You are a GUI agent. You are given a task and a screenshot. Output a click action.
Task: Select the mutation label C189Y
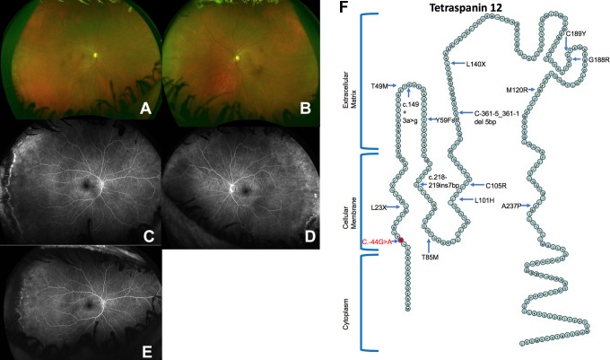pyautogui.click(x=578, y=33)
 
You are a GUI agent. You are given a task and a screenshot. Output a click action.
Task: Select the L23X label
pyautogui.click(x=377, y=207)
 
